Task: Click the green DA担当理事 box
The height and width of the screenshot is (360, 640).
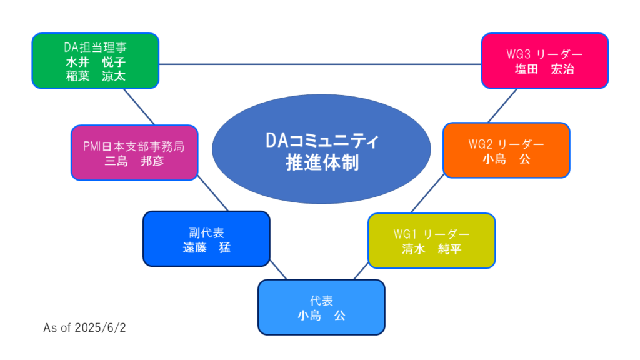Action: coord(96,61)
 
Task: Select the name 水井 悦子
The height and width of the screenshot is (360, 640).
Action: coord(96,62)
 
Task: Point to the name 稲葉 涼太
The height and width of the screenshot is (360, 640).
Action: coord(96,76)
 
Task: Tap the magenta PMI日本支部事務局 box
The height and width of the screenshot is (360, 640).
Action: coord(134,152)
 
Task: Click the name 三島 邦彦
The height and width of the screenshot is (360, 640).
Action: coord(134,161)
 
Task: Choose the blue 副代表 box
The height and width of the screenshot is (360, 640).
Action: coord(206,239)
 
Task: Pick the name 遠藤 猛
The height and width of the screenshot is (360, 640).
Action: coord(206,247)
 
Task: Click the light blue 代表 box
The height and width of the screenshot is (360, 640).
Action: coord(322,307)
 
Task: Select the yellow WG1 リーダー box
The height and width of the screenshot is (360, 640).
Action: coord(432,241)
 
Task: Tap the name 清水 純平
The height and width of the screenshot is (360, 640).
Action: coord(432,249)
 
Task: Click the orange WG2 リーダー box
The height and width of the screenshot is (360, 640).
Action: coord(506,150)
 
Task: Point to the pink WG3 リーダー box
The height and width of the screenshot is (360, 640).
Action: coord(545,61)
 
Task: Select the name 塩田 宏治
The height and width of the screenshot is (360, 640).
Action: coord(545,69)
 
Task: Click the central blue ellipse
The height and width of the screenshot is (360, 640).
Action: coord(322,149)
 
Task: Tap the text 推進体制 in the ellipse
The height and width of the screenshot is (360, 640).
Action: coord(322,162)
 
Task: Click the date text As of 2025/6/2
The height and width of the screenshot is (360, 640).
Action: coord(84,327)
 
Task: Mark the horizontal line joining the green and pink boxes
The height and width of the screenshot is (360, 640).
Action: coord(320,64)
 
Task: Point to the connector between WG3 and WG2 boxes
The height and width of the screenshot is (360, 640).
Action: coord(502,106)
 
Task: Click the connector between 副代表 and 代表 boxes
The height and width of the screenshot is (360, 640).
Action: coord(278,270)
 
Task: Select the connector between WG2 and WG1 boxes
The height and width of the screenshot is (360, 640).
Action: coord(427,194)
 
